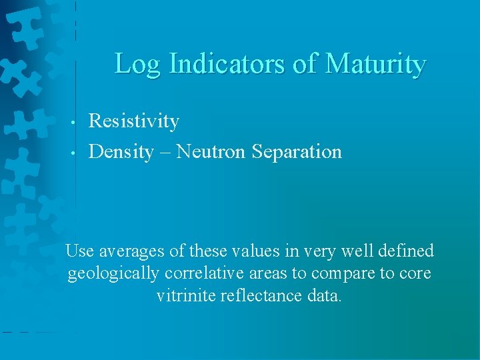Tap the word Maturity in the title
coord(375,65)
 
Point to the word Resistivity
coord(134,121)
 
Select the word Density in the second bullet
coord(121,152)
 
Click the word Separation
coord(297,152)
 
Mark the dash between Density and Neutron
coord(165,153)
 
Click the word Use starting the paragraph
coord(80,251)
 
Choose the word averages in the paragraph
coord(131,251)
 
